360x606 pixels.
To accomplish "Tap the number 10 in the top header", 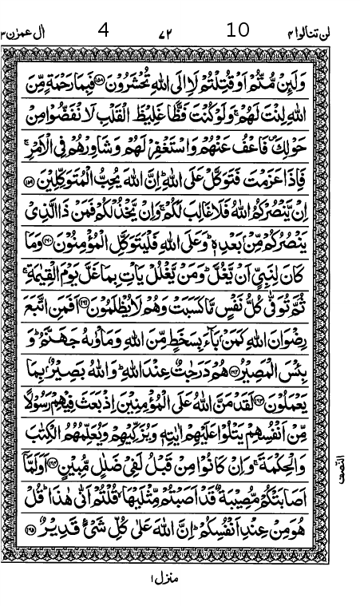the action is [x=238, y=30].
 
